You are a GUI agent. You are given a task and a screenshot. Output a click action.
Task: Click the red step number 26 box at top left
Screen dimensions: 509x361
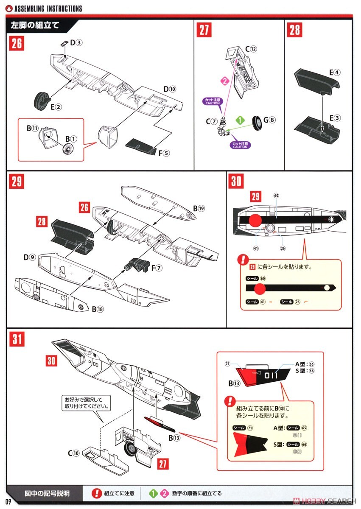pos(17,44)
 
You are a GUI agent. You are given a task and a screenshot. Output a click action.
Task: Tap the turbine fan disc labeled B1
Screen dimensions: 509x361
pos(67,149)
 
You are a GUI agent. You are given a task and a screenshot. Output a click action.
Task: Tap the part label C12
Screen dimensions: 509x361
pos(251,49)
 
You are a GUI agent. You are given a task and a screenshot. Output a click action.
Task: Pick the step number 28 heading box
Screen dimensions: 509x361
pos(295,31)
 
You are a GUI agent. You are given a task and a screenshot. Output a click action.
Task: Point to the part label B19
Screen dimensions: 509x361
pos(199,209)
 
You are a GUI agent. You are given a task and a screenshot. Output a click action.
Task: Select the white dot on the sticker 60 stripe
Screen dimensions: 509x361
pos(327,288)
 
